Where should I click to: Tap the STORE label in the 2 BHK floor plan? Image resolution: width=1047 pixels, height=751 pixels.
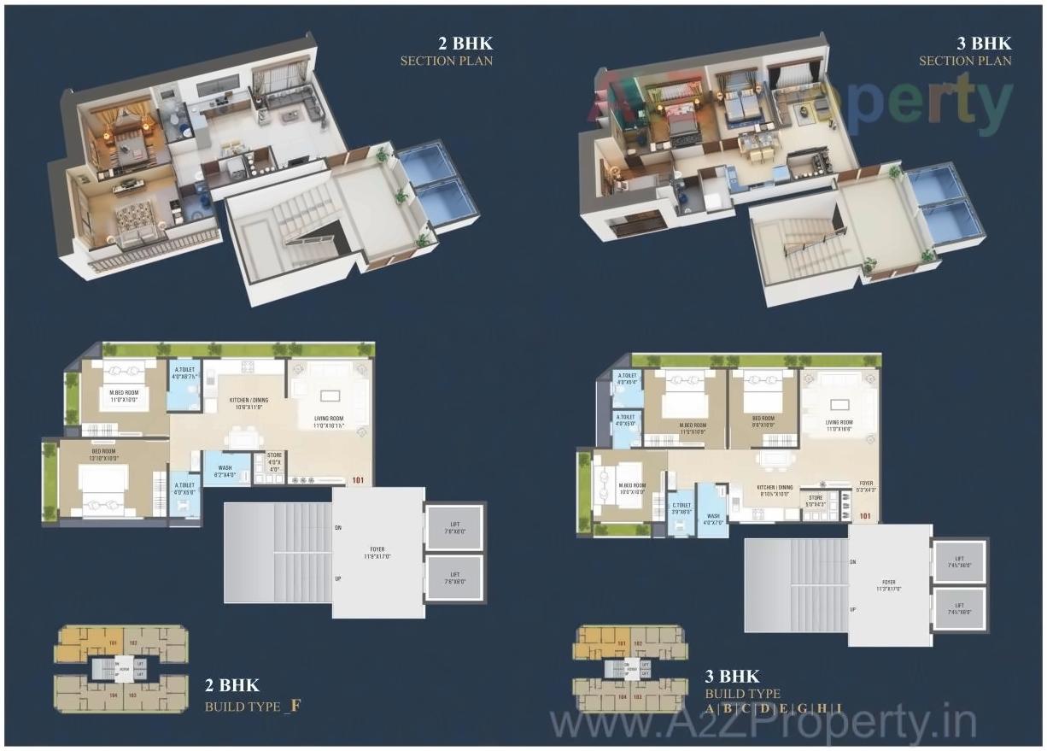point(274,461)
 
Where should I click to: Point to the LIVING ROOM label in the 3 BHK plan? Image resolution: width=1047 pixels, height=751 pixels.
point(839,425)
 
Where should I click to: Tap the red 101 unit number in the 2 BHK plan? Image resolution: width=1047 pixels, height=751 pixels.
point(358,480)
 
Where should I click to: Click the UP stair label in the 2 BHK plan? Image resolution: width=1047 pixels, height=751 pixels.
point(338,578)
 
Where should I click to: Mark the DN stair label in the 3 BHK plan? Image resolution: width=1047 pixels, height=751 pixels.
point(852,561)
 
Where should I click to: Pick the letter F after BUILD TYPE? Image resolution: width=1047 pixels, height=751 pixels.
point(295,706)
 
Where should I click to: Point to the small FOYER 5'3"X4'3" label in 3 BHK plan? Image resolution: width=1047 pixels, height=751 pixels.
point(867,486)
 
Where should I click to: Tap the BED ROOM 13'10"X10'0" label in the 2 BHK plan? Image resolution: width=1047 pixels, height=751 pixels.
point(103,454)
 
